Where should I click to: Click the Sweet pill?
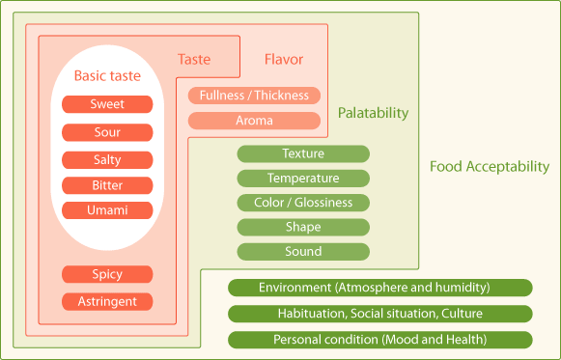(x=107, y=104)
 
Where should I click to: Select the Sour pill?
(x=107, y=132)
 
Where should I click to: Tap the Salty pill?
(x=107, y=160)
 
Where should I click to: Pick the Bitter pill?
(x=107, y=185)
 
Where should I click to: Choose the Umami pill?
(x=107, y=210)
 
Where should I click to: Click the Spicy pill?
(x=107, y=274)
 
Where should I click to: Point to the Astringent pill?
(x=107, y=301)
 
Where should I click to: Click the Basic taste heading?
(x=107, y=76)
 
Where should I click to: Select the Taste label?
(x=194, y=59)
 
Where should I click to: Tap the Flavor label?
(x=284, y=59)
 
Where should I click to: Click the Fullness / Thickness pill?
(x=254, y=96)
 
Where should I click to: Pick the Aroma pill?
(x=254, y=121)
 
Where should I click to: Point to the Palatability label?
(x=373, y=113)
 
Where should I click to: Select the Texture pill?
(x=303, y=153)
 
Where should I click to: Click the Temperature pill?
(x=303, y=178)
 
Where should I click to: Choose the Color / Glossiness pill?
(x=303, y=203)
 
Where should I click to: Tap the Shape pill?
(x=303, y=227)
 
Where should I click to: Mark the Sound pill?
(x=303, y=252)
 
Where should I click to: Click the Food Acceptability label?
(x=490, y=167)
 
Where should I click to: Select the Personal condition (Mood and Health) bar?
(x=380, y=340)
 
